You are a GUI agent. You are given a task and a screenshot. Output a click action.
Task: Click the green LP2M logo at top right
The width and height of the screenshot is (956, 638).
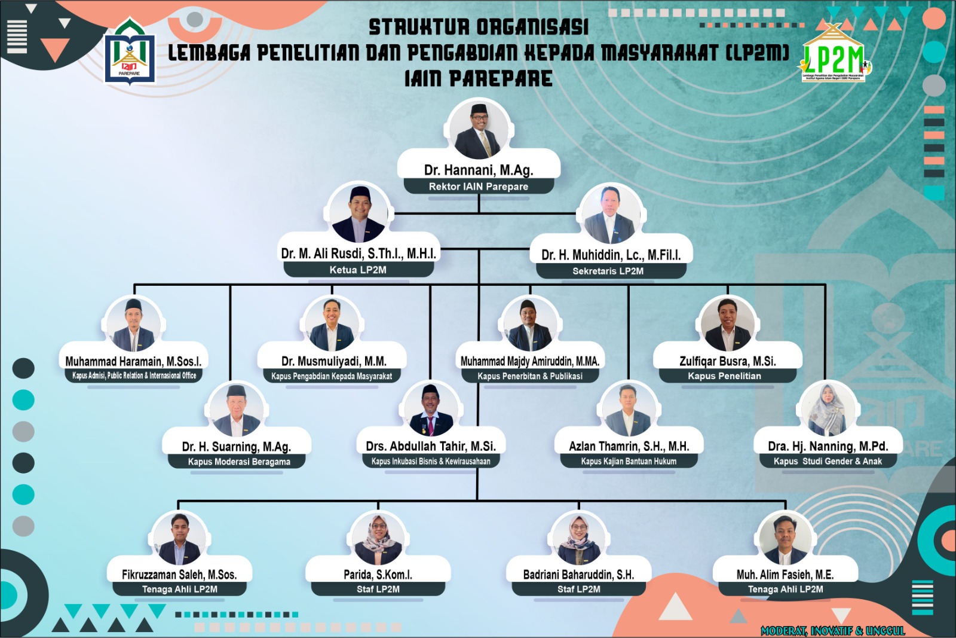coord(834,57)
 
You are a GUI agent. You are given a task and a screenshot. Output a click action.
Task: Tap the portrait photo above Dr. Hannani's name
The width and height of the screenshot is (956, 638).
coord(479,129)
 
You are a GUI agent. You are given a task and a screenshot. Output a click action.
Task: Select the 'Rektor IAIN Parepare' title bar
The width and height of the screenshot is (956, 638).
coord(479,187)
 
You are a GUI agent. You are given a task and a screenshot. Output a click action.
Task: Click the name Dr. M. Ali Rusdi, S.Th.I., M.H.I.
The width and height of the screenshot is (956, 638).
coord(358,254)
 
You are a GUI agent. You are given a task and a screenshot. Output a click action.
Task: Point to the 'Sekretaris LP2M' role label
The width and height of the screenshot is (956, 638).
coord(608,271)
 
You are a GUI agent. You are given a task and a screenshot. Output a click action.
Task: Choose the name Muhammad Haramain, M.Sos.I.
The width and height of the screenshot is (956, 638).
coord(133,361)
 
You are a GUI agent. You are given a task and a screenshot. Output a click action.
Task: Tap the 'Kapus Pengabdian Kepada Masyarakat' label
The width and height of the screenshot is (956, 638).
coord(332,376)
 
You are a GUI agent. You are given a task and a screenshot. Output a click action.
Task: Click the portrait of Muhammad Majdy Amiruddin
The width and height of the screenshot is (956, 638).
coord(528,325)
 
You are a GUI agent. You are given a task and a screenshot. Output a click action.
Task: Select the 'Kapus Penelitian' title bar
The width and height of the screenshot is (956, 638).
coord(724,376)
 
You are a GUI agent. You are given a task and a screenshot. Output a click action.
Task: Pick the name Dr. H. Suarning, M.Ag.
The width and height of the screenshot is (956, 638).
coord(237,447)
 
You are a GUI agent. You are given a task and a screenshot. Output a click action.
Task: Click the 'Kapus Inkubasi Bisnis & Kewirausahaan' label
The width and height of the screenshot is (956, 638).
coord(431,461)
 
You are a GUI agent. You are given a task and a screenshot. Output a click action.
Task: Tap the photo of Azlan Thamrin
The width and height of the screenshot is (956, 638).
coord(628,411)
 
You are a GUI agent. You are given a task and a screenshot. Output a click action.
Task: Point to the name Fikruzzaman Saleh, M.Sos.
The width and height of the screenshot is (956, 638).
coord(179,575)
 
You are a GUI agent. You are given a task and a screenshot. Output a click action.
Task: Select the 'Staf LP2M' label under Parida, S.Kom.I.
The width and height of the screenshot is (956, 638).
coord(378,590)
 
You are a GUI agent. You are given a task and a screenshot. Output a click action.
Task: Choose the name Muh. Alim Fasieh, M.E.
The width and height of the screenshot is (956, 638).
coord(785,575)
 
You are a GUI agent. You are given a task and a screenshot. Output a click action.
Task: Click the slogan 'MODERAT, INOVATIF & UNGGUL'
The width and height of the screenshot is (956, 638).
coord(833,631)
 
